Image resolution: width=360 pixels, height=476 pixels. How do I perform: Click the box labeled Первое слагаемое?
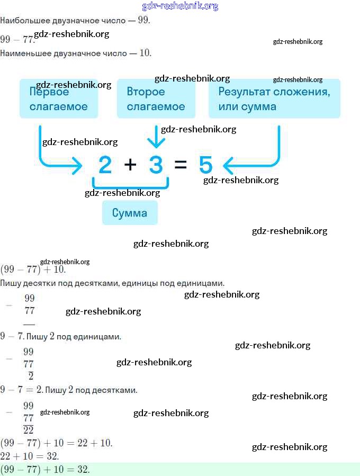(x=59, y=98)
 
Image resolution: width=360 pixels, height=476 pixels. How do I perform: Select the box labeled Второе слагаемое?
(x=156, y=98)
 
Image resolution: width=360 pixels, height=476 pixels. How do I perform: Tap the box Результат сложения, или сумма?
(x=274, y=98)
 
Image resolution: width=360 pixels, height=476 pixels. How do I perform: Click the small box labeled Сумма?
(x=130, y=213)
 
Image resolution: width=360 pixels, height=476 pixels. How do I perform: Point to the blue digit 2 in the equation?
(x=105, y=165)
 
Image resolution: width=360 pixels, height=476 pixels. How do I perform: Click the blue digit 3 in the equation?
(x=156, y=165)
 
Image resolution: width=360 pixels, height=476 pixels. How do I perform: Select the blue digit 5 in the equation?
(x=206, y=165)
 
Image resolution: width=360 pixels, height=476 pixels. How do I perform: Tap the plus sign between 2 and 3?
(x=130, y=165)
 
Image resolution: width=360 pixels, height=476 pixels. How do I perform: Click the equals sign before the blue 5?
(x=181, y=165)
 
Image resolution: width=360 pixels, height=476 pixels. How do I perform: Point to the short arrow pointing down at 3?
(x=156, y=138)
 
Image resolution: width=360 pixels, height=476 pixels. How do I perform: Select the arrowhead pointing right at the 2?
(x=78, y=166)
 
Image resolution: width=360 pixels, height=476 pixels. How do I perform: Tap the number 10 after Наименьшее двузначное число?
(x=145, y=53)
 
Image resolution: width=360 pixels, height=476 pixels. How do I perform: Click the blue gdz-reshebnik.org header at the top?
(x=180, y=6)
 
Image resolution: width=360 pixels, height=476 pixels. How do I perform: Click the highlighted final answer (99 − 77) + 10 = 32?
(x=45, y=470)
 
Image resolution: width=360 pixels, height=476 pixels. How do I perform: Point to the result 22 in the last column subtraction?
(x=28, y=430)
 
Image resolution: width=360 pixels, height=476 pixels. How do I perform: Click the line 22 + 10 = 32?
(x=29, y=456)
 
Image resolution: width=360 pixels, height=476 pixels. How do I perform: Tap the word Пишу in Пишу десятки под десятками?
(x=10, y=283)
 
